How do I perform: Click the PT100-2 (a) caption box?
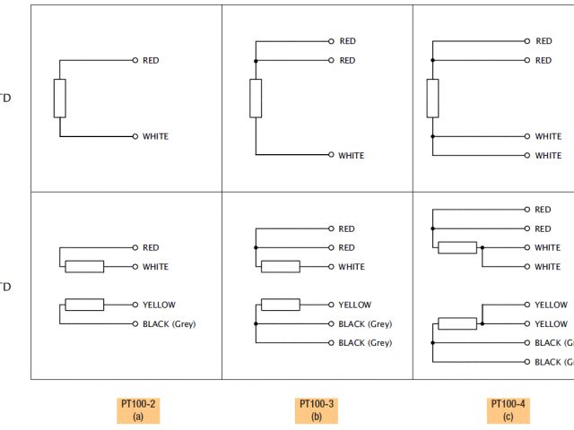[x=138, y=410]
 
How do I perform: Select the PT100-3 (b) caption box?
[x=317, y=410]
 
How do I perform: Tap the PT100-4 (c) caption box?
[x=509, y=410]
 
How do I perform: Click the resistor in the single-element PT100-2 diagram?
[x=60, y=99]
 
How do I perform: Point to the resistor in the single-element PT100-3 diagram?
[x=256, y=99]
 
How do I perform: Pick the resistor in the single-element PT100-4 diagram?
[x=433, y=99]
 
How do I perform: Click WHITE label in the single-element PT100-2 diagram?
[x=155, y=137]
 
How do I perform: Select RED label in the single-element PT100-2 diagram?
[x=151, y=61]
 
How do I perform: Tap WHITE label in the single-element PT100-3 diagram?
[x=351, y=156]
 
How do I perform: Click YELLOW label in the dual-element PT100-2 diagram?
[x=157, y=305]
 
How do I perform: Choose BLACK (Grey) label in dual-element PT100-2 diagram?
[x=169, y=324]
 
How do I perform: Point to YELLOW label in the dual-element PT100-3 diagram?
[x=354, y=305]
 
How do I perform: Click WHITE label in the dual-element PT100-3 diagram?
[x=352, y=267]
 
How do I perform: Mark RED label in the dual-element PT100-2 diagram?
[x=151, y=248]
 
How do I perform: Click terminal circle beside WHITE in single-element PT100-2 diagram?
[x=135, y=137]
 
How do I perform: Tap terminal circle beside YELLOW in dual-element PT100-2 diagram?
[x=135, y=305]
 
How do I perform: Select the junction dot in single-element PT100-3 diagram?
[x=256, y=61]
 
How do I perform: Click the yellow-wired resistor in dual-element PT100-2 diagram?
[x=84, y=305]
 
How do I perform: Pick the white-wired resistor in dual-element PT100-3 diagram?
[x=280, y=267]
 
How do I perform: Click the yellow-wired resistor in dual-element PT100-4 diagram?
[x=457, y=323]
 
